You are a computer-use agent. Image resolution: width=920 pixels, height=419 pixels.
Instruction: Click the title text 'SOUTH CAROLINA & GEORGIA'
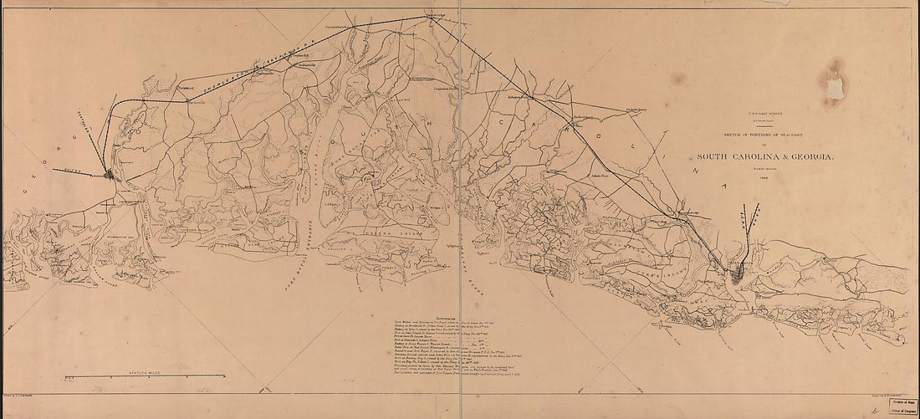click(767, 156)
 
